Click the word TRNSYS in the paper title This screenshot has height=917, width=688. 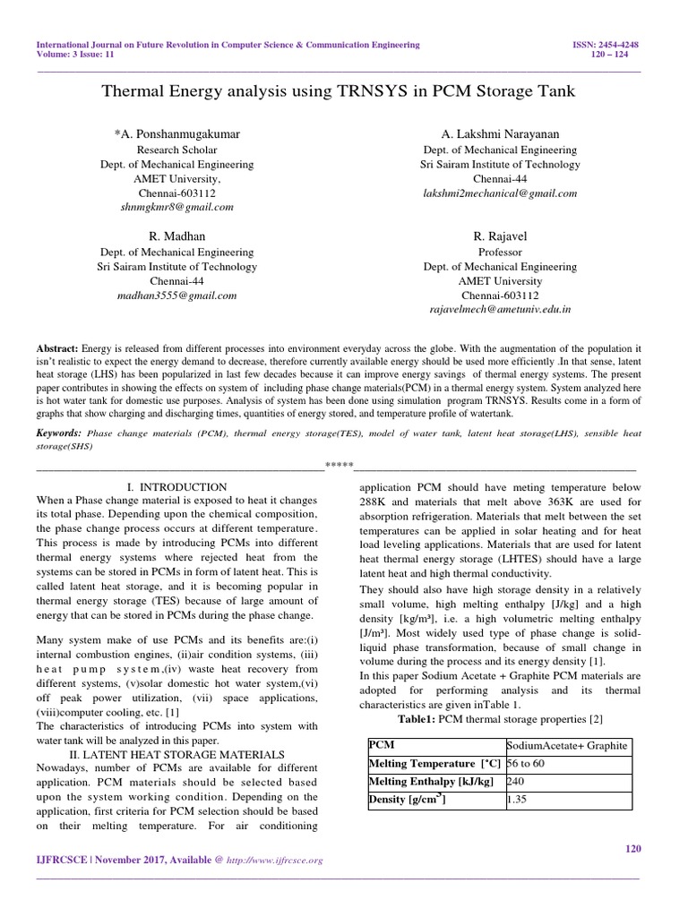tap(357, 91)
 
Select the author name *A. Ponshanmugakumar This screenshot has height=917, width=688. tap(176, 133)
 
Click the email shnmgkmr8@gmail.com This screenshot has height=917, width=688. tap(176, 206)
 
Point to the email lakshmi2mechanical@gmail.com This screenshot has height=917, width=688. tap(500, 193)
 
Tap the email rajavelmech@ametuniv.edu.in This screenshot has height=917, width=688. tap(500, 309)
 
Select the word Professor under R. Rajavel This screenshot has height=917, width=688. tap(500, 252)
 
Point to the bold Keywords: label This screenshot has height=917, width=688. tap(58, 433)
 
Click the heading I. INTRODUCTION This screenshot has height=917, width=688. tap(176, 486)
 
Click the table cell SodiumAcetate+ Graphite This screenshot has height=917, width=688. tap(567, 746)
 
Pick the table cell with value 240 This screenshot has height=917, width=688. tap(516, 782)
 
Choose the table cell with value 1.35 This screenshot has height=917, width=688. tap(517, 800)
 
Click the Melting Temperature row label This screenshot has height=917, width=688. tap(434, 764)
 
